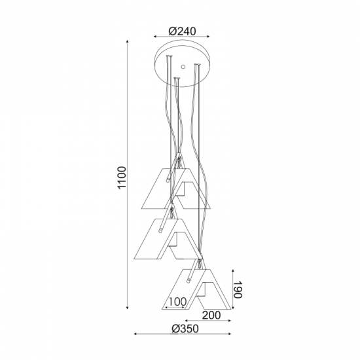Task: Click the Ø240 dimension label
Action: [x=182, y=31]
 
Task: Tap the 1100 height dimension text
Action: [x=122, y=177]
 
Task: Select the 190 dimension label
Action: [x=238, y=289]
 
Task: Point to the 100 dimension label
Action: [x=177, y=302]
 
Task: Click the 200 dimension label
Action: [x=211, y=315]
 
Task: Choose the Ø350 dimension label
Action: [x=185, y=329]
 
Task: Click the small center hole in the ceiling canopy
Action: [x=183, y=67]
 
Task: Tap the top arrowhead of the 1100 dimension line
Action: [x=128, y=41]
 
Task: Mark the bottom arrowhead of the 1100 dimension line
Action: [x=128, y=308]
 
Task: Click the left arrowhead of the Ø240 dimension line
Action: [x=155, y=36]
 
